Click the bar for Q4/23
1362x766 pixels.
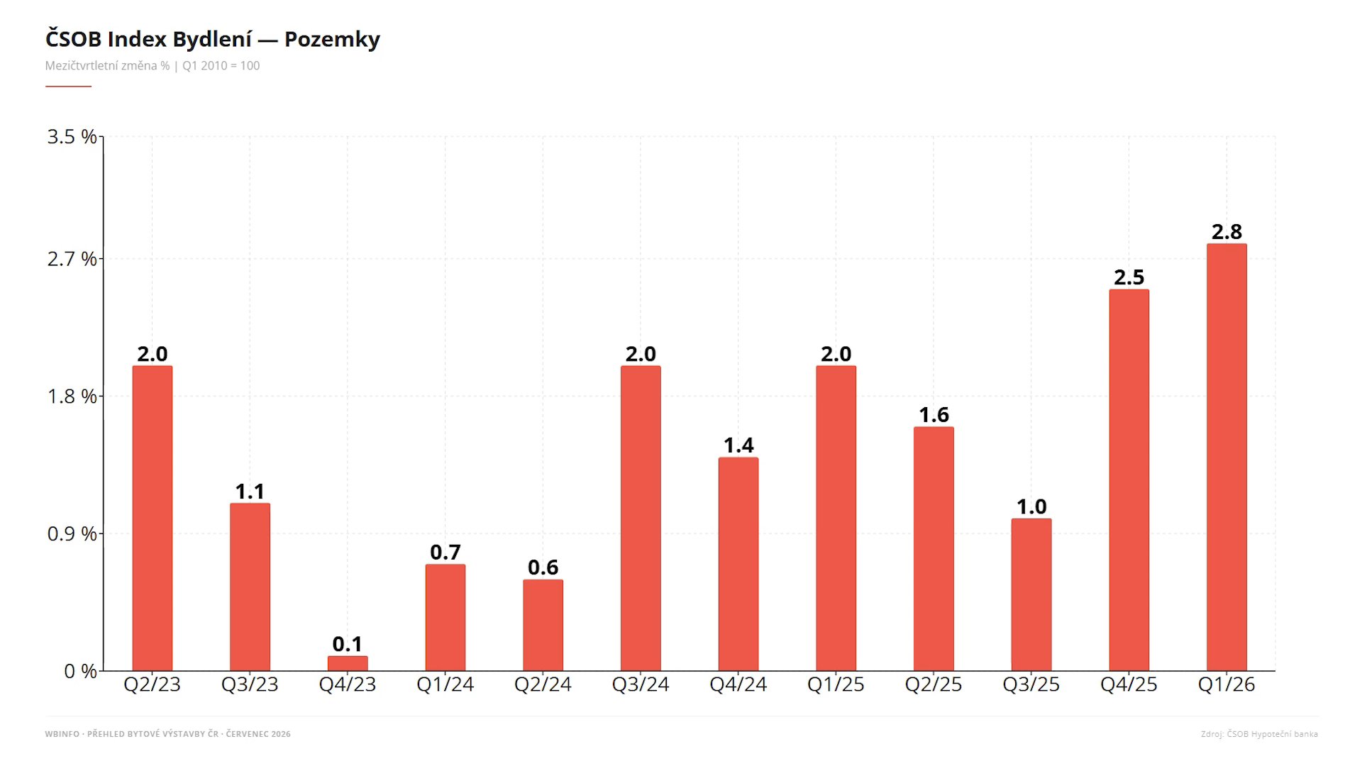point(348,663)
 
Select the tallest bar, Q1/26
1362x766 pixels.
point(1227,457)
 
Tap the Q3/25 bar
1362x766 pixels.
point(1031,594)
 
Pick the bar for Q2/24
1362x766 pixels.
point(543,625)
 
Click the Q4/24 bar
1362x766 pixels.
point(738,564)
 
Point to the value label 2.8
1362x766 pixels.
point(1227,232)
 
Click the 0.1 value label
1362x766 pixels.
point(348,644)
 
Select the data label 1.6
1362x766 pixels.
point(934,415)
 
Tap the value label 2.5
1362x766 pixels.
point(1129,277)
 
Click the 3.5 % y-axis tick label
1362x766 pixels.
point(72,137)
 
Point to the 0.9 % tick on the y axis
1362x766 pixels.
point(72,533)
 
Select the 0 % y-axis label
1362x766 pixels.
point(80,671)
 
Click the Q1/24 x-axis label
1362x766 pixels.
point(445,684)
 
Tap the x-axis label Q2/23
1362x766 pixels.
point(153,684)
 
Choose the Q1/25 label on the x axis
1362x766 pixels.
point(836,684)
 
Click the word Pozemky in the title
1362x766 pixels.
point(332,40)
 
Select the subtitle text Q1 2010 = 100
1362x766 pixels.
point(221,66)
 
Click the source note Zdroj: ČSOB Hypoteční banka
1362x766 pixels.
point(1259,734)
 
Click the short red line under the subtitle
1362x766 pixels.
point(68,87)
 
